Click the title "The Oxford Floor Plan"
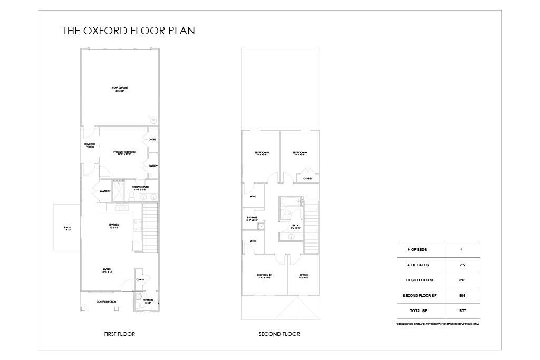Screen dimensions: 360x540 (x=129, y=31)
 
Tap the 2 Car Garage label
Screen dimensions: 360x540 (x=120, y=89)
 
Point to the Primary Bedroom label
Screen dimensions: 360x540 (x=124, y=153)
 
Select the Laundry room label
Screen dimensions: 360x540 (x=105, y=191)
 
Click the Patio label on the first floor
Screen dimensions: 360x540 (x=67, y=228)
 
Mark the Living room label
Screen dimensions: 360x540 (x=107, y=270)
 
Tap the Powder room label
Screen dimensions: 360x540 (x=148, y=301)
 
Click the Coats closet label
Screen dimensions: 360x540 (x=140, y=279)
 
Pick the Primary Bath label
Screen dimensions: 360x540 (x=140, y=188)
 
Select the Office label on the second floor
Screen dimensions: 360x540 (x=304, y=276)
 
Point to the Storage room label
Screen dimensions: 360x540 (x=252, y=219)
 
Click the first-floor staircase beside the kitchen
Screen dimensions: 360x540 (x=151, y=221)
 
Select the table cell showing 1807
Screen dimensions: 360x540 (x=462, y=310)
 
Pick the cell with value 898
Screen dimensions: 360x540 (x=462, y=280)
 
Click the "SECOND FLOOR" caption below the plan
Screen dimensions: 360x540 (x=279, y=334)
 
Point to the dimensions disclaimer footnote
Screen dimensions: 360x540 (x=437, y=324)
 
